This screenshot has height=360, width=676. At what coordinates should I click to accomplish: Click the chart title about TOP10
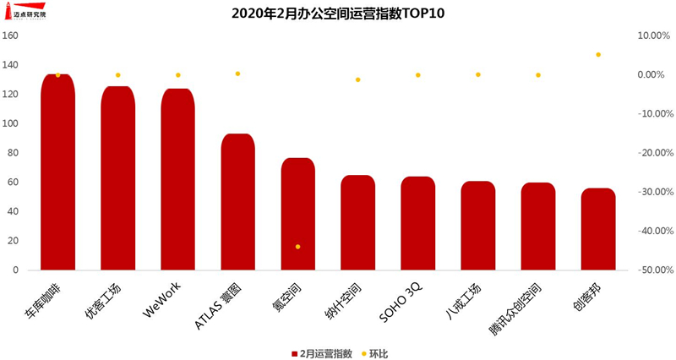click(337, 14)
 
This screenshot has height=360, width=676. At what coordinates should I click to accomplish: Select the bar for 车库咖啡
click(57, 173)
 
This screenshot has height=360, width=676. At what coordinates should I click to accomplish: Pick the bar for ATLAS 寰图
click(237, 203)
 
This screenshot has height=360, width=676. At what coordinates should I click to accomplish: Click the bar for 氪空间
click(297, 215)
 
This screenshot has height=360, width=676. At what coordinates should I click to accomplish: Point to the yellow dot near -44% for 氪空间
click(297, 247)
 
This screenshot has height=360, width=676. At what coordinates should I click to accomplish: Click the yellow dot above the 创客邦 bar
click(598, 55)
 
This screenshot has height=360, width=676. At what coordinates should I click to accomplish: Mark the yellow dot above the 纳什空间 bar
click(358, 79)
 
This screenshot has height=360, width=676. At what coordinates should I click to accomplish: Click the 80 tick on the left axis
click(13, 153)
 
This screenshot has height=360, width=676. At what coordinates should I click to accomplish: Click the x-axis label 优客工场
click(103, 303)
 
